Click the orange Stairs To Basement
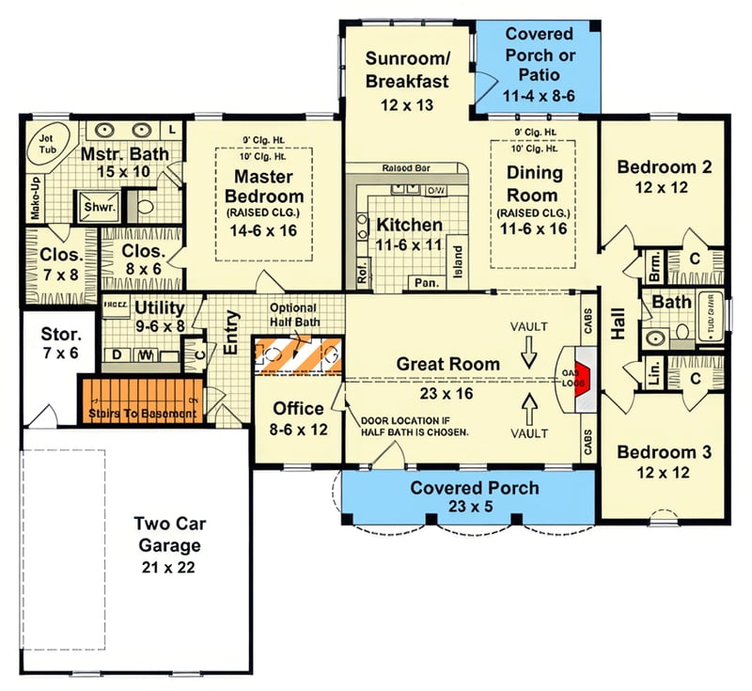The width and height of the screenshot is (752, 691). tap(141, 401)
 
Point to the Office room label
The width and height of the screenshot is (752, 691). tap(299, 409)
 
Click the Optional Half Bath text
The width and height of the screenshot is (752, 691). tap(293, 315)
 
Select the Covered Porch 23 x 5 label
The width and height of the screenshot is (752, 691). tap(475, 497)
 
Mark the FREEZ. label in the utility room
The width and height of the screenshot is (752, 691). tap(116, 305)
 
